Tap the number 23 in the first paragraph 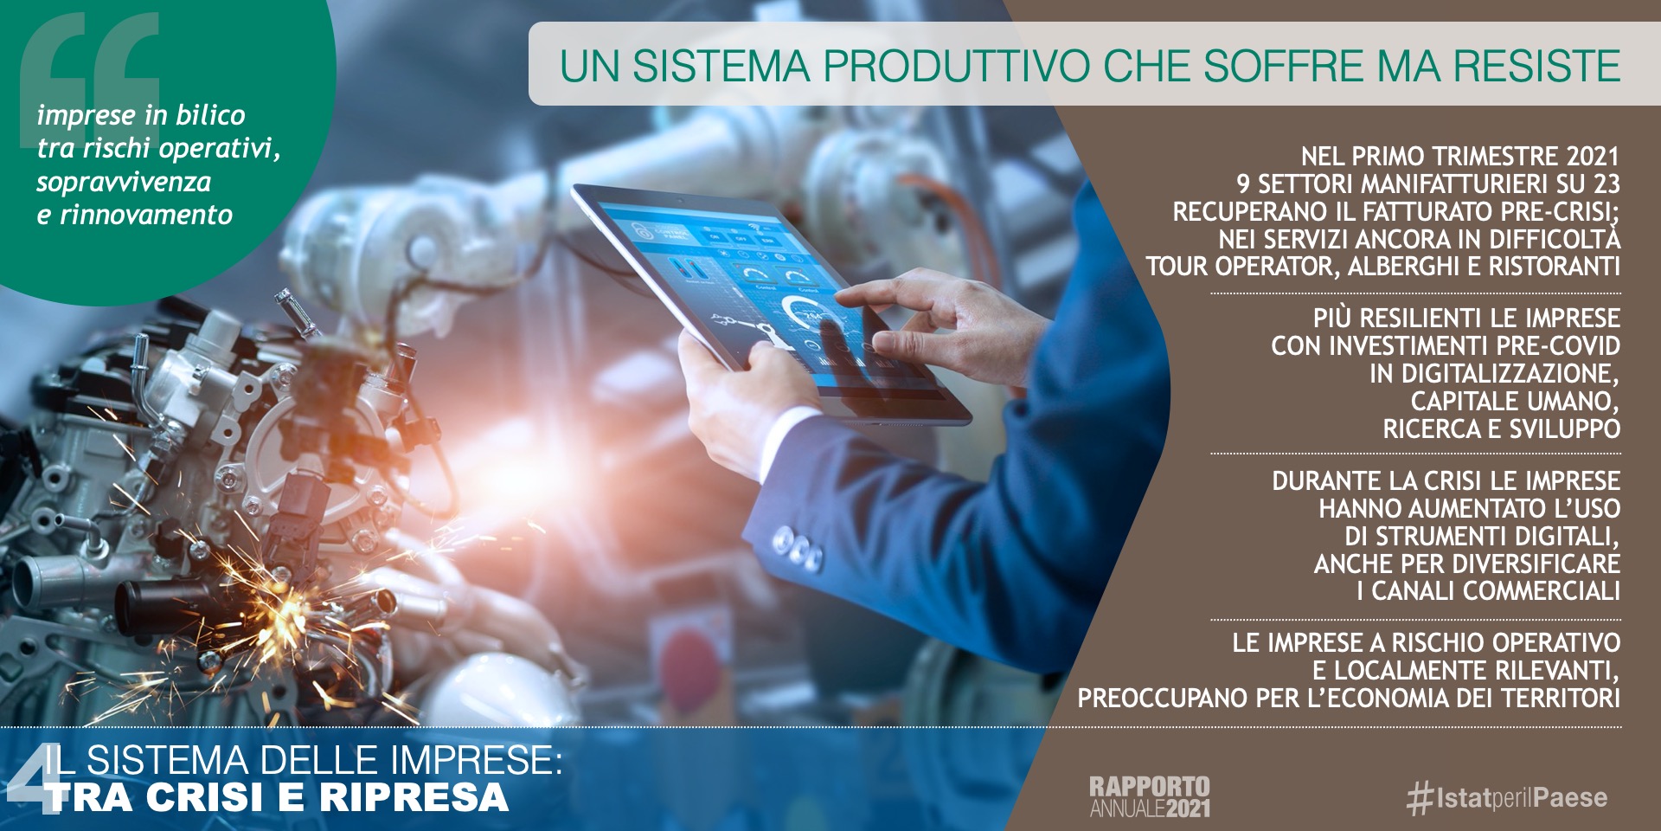click(x=1606, y=184)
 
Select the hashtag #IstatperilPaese click(x=1507, y=797)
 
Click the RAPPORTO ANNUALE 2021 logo click(x=1150, y=797)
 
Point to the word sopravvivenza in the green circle click(x=124, y=182)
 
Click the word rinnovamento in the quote click(x=146, y=215)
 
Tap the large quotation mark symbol click(x=88, y=65)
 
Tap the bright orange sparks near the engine click(x=285, y=606)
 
